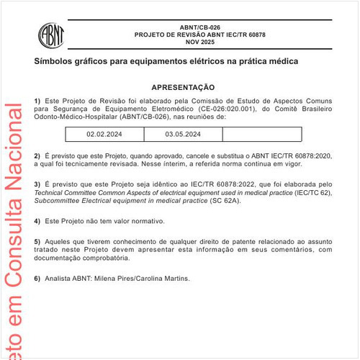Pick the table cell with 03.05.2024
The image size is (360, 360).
coord(183,134)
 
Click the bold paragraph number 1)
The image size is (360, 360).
coord(37,99)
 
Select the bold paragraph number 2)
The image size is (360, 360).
coord(37,156)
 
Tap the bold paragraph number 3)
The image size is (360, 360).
coord(37,185)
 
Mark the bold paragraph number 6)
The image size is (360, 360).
coord(37,278)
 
